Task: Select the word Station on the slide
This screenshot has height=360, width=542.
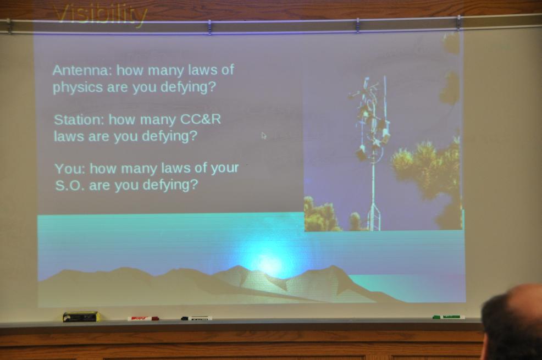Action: click(79, 119)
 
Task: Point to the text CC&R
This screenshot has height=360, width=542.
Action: click(201, 119)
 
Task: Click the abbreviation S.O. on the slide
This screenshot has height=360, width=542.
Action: click(69, 186)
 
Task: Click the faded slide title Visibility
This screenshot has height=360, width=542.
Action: click(101, 15)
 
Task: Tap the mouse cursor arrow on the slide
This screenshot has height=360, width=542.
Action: click(264, 135)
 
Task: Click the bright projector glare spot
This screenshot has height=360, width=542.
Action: click(268, 263)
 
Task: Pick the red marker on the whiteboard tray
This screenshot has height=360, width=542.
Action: click(143, 318)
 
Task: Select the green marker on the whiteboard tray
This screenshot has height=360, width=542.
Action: click(449, 317)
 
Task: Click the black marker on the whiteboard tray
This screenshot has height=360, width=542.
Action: click(196, 318)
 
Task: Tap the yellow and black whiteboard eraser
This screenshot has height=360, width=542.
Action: click(81, 316)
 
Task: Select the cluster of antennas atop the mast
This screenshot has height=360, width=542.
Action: click(370, 119)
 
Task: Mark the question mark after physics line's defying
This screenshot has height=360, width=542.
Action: click(212, 86)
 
